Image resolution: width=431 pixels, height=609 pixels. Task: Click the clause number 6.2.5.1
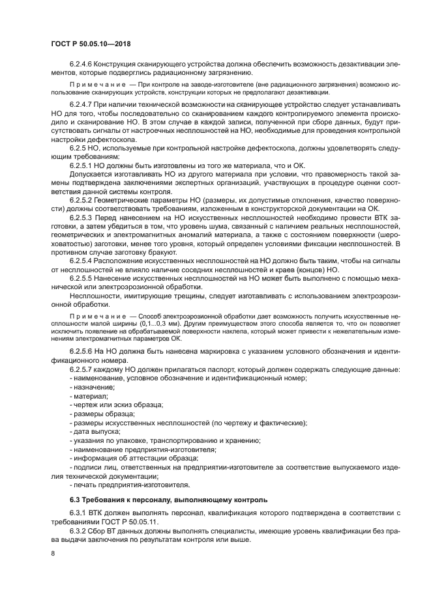(x=81, y=165)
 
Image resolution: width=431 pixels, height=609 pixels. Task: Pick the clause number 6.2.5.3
(x=81, y=216)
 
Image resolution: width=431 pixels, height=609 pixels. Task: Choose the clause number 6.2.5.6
(x=81, y=351)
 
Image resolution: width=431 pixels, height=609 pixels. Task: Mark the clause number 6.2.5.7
(x=81, y=369)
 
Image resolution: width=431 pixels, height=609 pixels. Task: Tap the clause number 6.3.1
(x=78, y=515)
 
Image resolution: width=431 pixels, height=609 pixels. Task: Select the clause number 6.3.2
(x=78, y=531)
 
